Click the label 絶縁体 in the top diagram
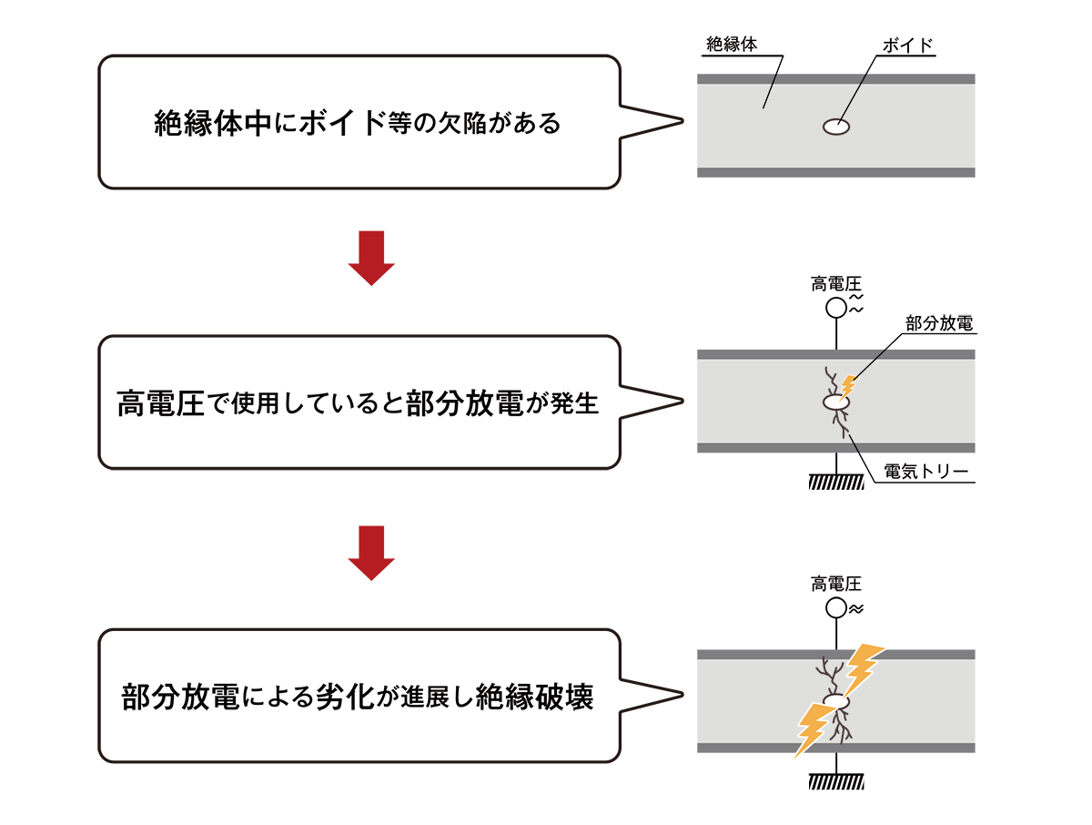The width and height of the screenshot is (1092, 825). [731, 44]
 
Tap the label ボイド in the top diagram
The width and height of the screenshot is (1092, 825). [908, 44]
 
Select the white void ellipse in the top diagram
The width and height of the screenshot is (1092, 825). [835, 127]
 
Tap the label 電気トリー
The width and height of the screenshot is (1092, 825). [924, 472]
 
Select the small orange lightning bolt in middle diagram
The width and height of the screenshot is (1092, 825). [848, 386]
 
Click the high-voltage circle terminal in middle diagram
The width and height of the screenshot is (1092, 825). [835, 308]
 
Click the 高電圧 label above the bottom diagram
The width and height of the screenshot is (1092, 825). [835, 584]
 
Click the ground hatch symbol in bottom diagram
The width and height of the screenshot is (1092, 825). [835, 781]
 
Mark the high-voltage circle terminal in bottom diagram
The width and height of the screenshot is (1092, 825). [835, 608]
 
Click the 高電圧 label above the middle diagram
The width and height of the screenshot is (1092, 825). [835, 284]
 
